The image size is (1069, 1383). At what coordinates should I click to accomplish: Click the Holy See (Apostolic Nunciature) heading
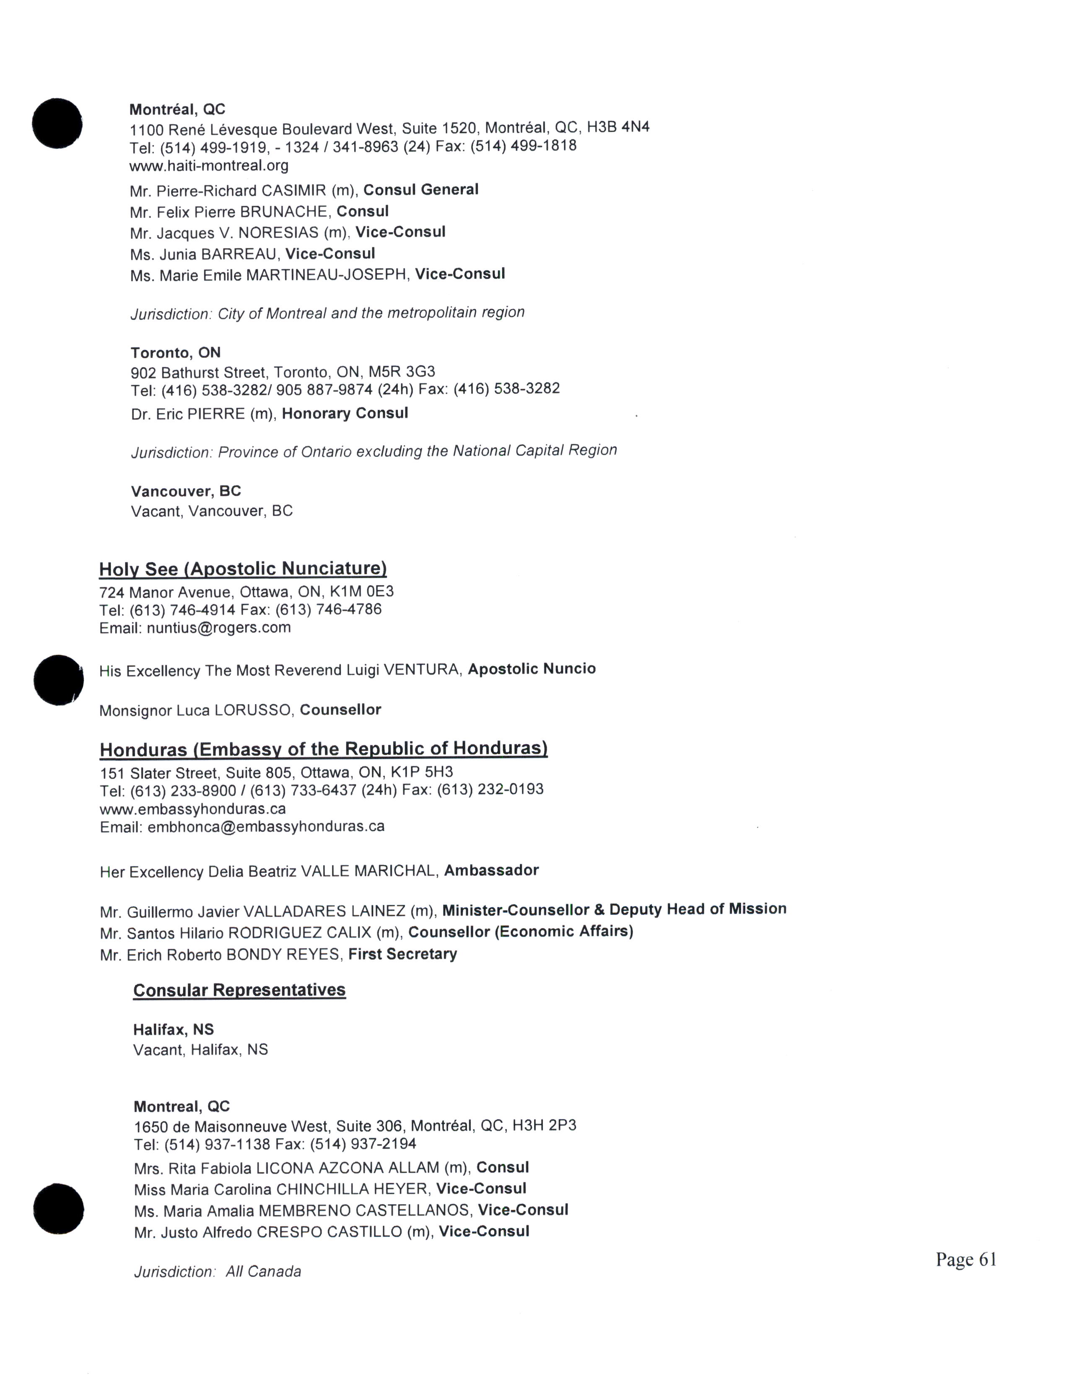pos(243,569)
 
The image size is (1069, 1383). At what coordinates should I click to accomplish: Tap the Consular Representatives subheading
pos(239,990)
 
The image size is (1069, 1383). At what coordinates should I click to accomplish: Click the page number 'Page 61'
pos(966,1259)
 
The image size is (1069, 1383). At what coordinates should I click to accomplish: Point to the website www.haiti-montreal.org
pos(209,166)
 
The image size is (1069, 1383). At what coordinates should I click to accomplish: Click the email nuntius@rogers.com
pos(218,627)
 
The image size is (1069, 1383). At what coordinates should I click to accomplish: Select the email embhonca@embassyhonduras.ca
pos(266,826)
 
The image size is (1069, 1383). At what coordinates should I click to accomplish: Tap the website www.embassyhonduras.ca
pos(192,809)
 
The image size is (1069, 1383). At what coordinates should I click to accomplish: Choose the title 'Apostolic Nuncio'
pos(532,669)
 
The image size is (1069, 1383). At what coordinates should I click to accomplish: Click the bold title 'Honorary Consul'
pos(345,414)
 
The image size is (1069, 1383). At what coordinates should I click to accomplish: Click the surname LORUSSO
pos(253,710)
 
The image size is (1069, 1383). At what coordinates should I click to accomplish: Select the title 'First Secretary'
pos(403,954)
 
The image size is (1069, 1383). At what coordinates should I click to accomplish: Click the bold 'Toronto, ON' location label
pos(175,353)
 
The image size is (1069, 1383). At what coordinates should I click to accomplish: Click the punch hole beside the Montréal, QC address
pos(57,124)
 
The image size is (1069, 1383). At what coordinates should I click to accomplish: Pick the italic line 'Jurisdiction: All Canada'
pos(217,1272)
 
